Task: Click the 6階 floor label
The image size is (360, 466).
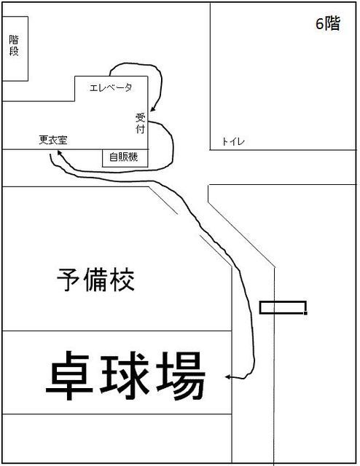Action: click(x=327, y=23)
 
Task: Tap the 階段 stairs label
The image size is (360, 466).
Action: click(x=14, y=45)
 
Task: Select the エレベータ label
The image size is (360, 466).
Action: click(x=111, y=87)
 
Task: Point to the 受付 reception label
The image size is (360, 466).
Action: click(x=141, y=123)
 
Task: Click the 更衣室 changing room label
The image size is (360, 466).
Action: click(x=53, y=140)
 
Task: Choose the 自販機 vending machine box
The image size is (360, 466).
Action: click(x=125, y=158)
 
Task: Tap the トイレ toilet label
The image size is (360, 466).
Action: click(x=233, y=141)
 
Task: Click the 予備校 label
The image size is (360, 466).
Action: click(x=95, y=280)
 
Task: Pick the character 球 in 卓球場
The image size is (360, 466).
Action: click(x=125, y=376)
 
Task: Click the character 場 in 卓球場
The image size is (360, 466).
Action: click(x=181, y=376)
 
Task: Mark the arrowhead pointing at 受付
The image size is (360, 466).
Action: click(x=152, y=109)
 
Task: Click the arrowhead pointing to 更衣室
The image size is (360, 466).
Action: click(x=59, y=152)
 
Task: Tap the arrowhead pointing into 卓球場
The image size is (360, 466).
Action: click(x=227, y=377)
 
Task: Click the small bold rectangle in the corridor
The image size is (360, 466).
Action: click(x=283, y=308)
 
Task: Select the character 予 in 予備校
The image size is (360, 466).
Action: click(x=69, y=280)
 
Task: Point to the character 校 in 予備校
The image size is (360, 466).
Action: click(x=122, y=280)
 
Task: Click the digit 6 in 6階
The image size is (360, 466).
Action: click(x=319, y=24)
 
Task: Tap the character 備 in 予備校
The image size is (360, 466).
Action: click(x=95, y=280)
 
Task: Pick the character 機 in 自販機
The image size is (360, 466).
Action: click(x=133, y=157)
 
